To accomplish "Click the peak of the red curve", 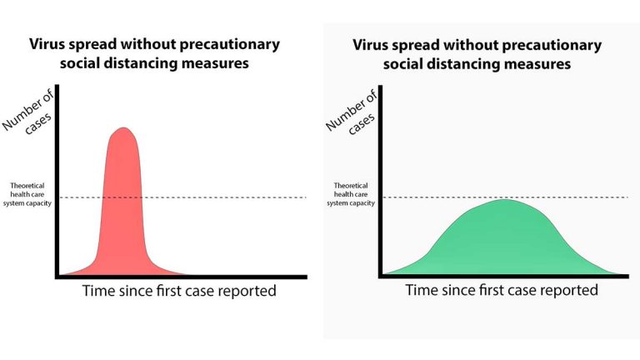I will pyautogui.click(x=124, y=128).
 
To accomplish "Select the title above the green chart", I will pyautogui.click(x=476, y=54).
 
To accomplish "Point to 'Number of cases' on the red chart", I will pyautogui.click(x=30, y=117).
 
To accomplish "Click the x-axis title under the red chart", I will pyautogui.click(x=179, y=291).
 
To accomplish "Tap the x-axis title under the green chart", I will pyautogui.click(x=502, y=290).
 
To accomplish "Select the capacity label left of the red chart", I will pyautogui.click(x=31, y=196).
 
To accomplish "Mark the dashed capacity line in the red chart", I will pyautogui.click(x=208, y=197).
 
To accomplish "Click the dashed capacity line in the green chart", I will pyautogui.click(x=583, y=197).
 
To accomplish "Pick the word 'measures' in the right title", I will pyautogui.click(x=537, y=64).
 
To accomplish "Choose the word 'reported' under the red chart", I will pyautogui.click(x=248, y=292).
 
